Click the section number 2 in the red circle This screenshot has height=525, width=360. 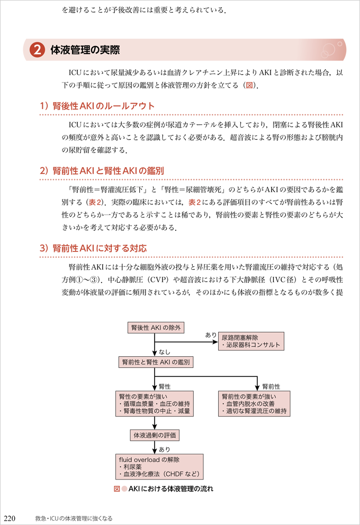37,50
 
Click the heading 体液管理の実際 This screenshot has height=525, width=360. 85,50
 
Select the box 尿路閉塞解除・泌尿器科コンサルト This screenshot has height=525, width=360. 252,341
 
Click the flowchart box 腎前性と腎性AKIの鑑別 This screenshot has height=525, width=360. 156,363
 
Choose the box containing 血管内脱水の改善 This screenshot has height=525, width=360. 255,403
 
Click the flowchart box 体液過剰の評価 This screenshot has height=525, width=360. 155,436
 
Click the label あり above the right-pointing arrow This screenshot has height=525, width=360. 211,335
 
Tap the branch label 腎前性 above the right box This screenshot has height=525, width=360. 271,386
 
